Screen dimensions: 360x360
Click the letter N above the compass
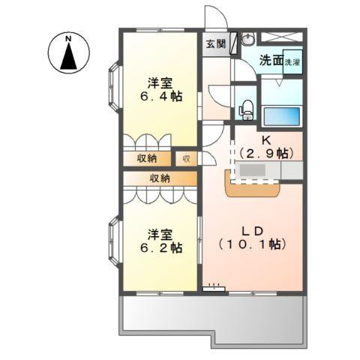click(68, 39)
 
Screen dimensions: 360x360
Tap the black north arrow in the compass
click(68, 56)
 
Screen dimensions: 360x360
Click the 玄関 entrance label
click(216, 44)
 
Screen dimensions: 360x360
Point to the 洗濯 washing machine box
click(292, 61)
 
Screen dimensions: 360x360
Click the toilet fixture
click(247, 110)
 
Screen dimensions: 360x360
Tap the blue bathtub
click(282, 116)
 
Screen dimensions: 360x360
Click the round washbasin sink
click(248, 39)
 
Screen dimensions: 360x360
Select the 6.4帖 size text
click(161, 96)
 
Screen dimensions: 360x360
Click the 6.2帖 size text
click(161, 247)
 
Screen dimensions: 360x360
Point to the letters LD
click(253, 231)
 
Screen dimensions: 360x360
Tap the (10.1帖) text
click(253, 244)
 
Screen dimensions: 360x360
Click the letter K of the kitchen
click(265, 140)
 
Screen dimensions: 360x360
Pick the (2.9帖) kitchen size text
click(266, 153)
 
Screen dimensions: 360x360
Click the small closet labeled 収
click(186, 159)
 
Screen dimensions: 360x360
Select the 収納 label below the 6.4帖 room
click(147, 158)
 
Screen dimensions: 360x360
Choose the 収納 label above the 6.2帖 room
click(160, 178)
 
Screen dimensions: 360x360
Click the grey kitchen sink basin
click(253, 171)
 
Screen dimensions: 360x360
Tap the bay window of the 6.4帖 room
click(115, 87)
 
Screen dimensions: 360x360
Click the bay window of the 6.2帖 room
click(115, 241)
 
